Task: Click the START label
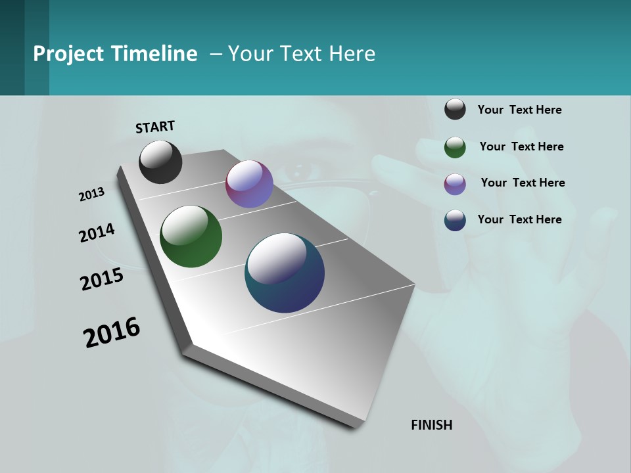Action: pos(155,127)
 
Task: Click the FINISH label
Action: pos(432,425)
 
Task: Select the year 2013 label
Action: pos(91,194)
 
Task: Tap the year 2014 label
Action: pos(97,233)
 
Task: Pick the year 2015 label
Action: pos(102,280)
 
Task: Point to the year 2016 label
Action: pos(112,332)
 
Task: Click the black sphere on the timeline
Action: pos(160,162)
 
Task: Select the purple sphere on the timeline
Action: pos(249,184)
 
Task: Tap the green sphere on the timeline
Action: pos(191,236)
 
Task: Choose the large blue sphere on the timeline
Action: pos(285,273)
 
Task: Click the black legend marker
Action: pos(455,109)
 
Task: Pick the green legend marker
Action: pos(455,147)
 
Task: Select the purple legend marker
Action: pos(455,184)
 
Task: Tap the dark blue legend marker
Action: pos(455,220)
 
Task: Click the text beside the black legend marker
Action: pos(519,110)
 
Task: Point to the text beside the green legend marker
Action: pos(521,146)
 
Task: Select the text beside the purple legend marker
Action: pos(523,183)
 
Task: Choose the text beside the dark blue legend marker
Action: pos(519,219)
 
